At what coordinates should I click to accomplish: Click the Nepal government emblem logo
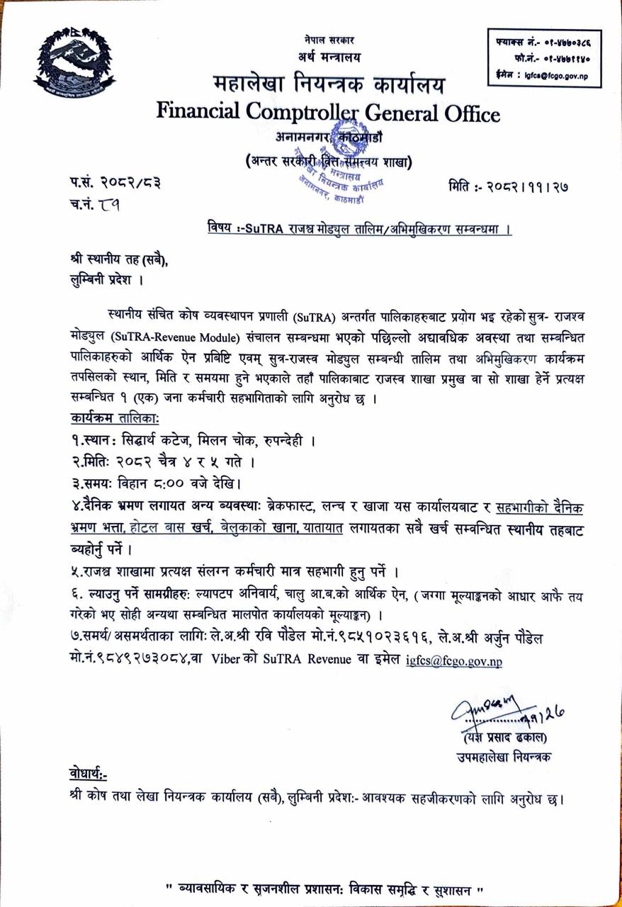75,65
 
